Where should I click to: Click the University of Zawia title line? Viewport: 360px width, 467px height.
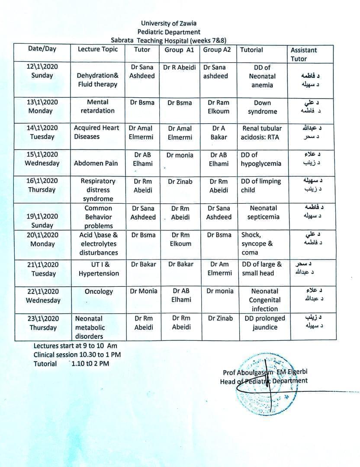coord(169,23)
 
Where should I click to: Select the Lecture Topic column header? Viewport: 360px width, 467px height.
coord(98,49)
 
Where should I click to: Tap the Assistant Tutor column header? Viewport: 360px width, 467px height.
coord(304,54)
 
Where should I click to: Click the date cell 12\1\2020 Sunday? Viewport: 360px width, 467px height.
coord(42,71)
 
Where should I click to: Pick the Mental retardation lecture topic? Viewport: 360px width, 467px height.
coord(98,106)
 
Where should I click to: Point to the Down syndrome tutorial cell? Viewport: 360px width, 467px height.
coord(262,107)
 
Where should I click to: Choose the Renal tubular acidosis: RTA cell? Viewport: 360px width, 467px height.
coord(262,133)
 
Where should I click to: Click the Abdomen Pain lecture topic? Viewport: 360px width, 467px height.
coord(96,163)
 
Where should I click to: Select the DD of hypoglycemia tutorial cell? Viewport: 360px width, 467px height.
coord(261,159)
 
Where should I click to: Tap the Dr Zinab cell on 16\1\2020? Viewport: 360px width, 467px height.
coord(180,182)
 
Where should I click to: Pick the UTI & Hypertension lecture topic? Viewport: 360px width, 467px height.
coord(98,269)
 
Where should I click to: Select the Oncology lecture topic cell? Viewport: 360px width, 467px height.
coord(99,292)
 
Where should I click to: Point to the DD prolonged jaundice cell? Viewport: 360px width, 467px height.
coord(264,323)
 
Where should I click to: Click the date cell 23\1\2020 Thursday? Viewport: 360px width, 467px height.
coord(43,323)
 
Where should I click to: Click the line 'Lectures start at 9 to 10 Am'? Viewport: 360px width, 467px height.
coord(75,346)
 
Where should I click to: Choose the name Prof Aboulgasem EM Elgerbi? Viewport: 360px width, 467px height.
coord(265,372)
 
